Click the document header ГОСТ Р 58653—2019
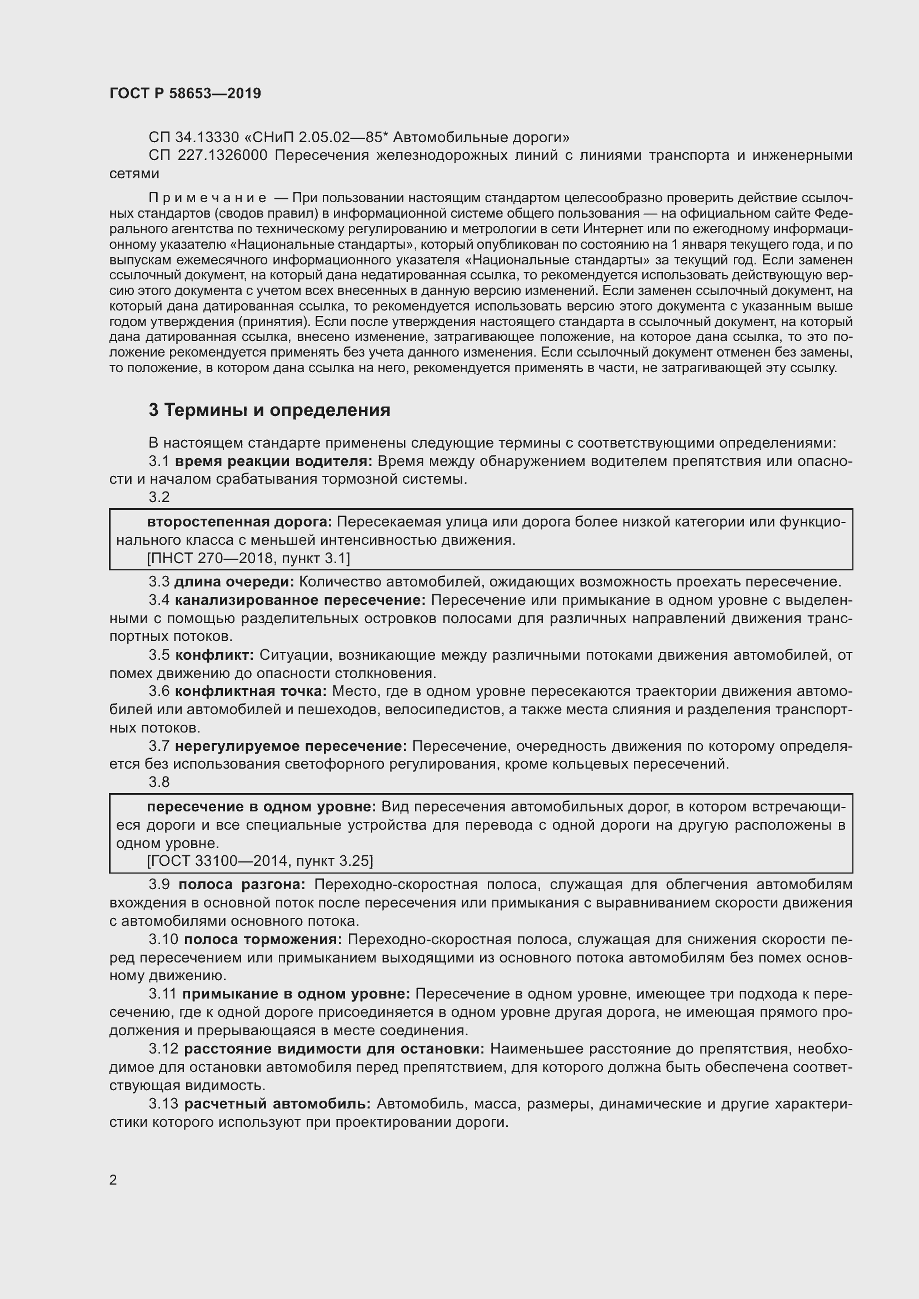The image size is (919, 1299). click(x=185, y=93)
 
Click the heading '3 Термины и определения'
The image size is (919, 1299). click(x=269, y=410)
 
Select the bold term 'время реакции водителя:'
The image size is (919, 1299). click(x=273, y=461)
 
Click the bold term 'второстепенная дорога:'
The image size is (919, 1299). click(x=239, y=521)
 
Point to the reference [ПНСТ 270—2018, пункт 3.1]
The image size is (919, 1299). click(x=248, y=558)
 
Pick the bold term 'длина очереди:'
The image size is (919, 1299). click(x=234, y=581)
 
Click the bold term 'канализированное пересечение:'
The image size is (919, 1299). click(x=300, y=600)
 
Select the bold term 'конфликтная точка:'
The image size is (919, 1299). click(x=251, y=691)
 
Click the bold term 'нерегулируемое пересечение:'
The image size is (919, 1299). click(x=291, y=746)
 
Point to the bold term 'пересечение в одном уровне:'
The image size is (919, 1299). click(x=262, y=807)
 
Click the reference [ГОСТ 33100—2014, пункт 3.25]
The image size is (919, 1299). click(x=259, y=861)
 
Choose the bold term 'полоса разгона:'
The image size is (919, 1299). click(x=242, y=884)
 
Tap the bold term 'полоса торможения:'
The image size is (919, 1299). click(x=263, y=940)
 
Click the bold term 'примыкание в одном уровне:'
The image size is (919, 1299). click(x=297, y=994)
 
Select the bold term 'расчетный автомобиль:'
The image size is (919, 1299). click(x=277, y=1104)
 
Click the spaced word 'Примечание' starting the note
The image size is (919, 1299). click(x=208, y=198)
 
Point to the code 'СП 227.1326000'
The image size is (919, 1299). click(x=208, y=155)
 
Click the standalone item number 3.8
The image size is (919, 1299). click(x=159, y=782)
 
